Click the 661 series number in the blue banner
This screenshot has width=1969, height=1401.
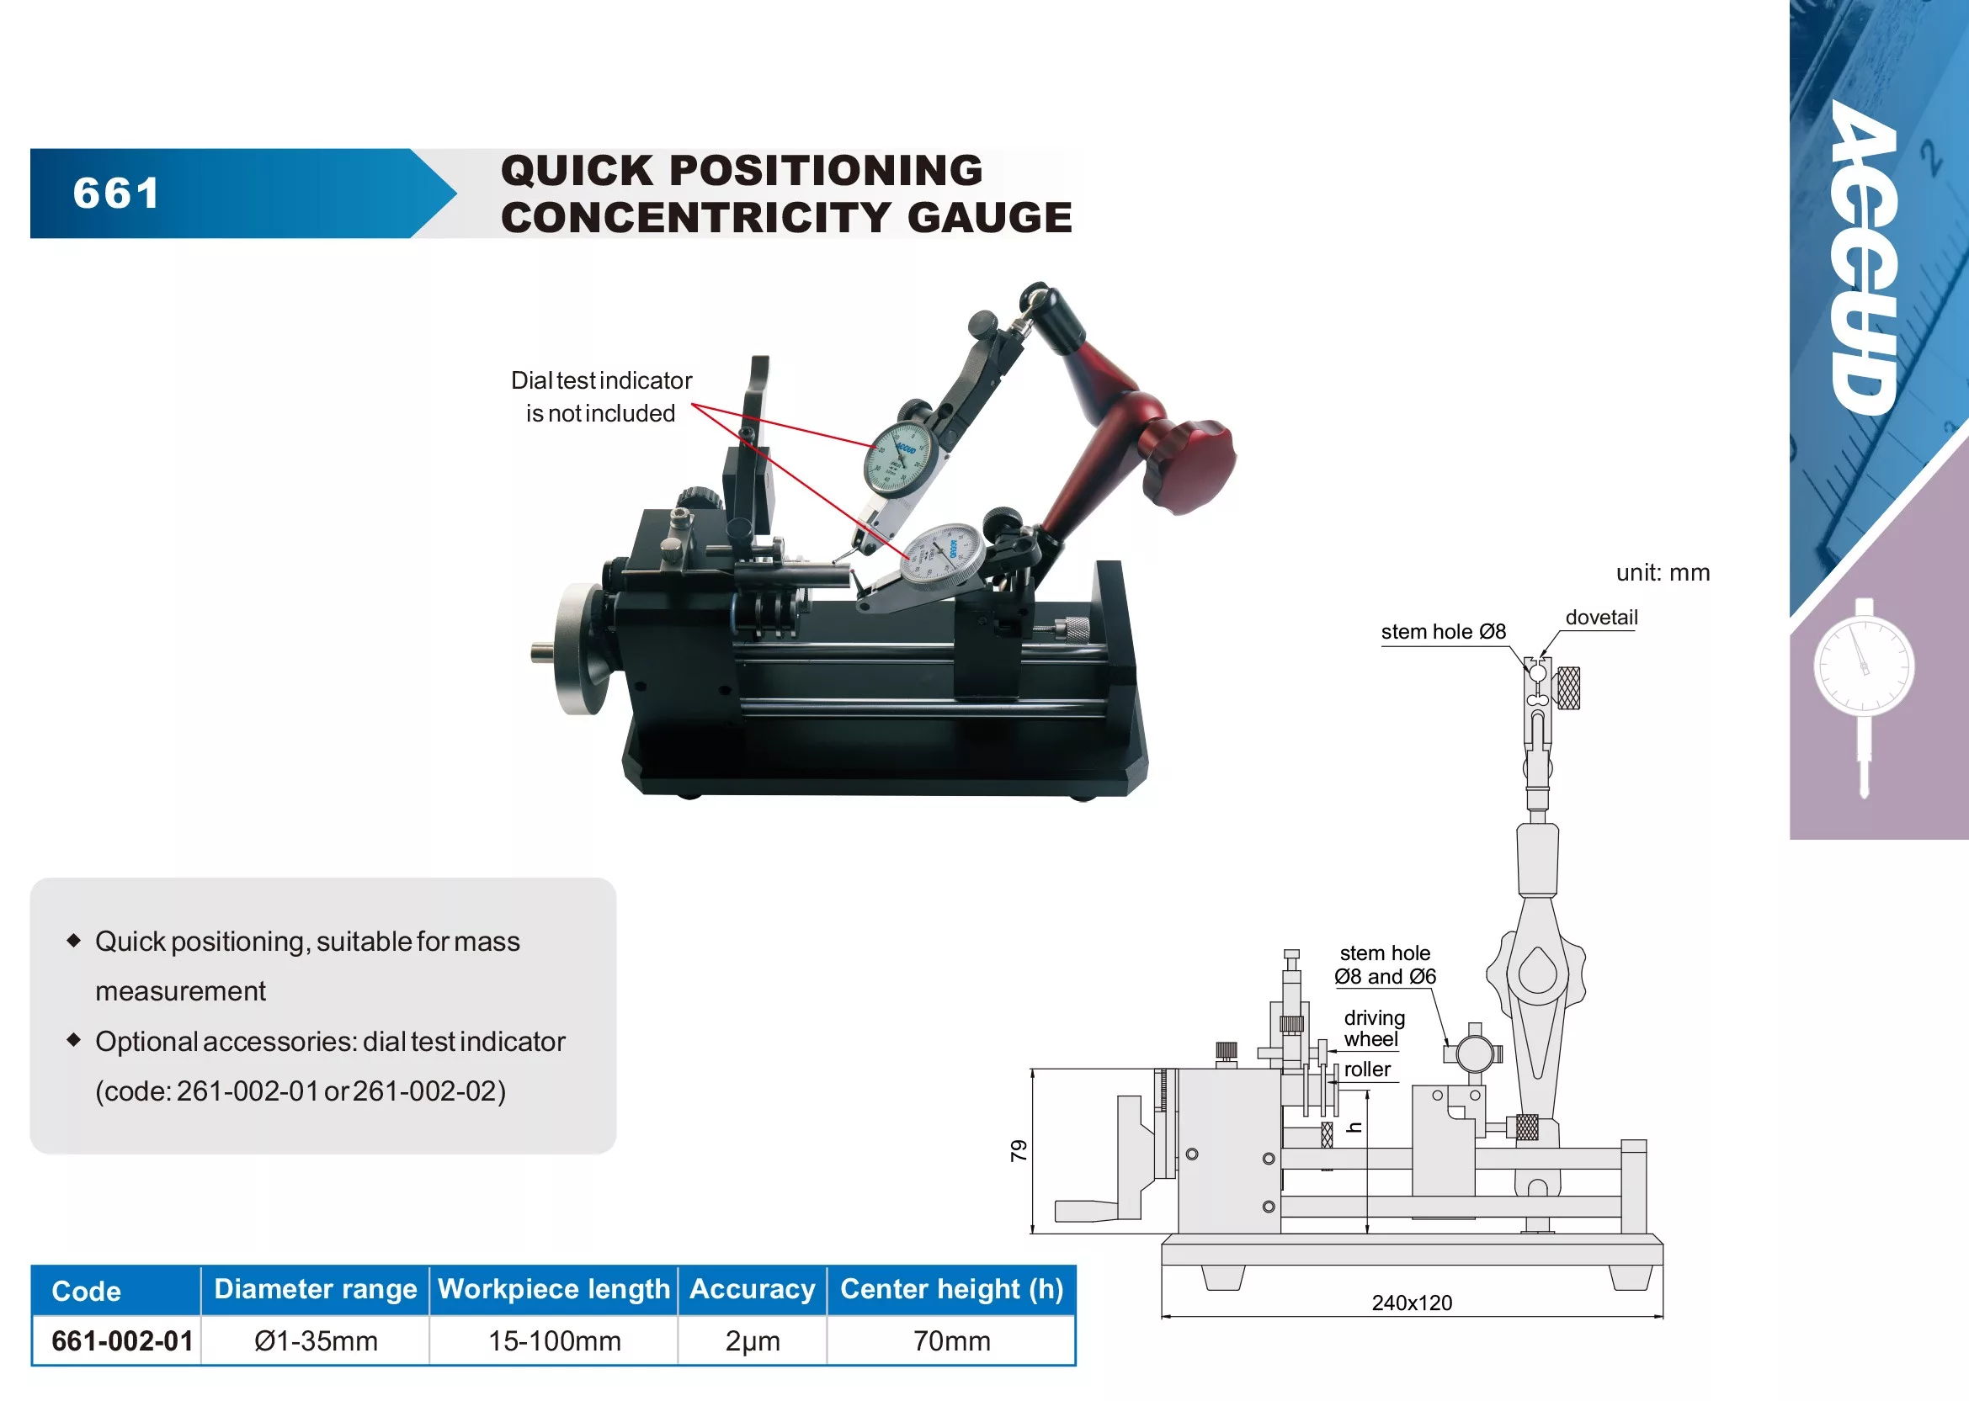pyautogui.click(x=116, y=193)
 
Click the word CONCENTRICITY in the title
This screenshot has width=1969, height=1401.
pyautogui.click(x=694, y=217)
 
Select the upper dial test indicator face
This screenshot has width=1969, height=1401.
pyautogui.click(x=899, y=458)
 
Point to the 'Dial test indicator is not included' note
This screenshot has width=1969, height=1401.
pyautogui.click(x=600, y=397)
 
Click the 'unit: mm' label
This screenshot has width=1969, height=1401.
pyautogui.click(x=1662, y=573)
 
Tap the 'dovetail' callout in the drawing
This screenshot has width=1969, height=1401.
pyautogui.click(x=1600, y=618)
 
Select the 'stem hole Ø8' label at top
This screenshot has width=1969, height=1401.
pyautogui.click(x=1443, y=631)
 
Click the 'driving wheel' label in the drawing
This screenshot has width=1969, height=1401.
pyautogui.click(x=1373, y=1028)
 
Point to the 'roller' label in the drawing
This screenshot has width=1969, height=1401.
pyautogui.click(x=1367, y=1069)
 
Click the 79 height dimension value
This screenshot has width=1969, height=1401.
pyautogui.click(x=1019, y=1150)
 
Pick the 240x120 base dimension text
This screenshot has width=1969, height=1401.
pyautogui.click(x=1412, y=1303)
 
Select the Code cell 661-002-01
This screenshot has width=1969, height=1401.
pyautogui.click(x=122, y=1340)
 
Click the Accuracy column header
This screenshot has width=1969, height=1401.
pyautogui.click(x=752, y=1289)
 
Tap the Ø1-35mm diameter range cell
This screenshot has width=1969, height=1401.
pyautogui.click(x=316, y=1340)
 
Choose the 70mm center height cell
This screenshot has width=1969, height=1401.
pyautogui.click(x=951, y=1340)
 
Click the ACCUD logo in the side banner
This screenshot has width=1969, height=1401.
pyautogui.click(x=1867, y=259)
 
